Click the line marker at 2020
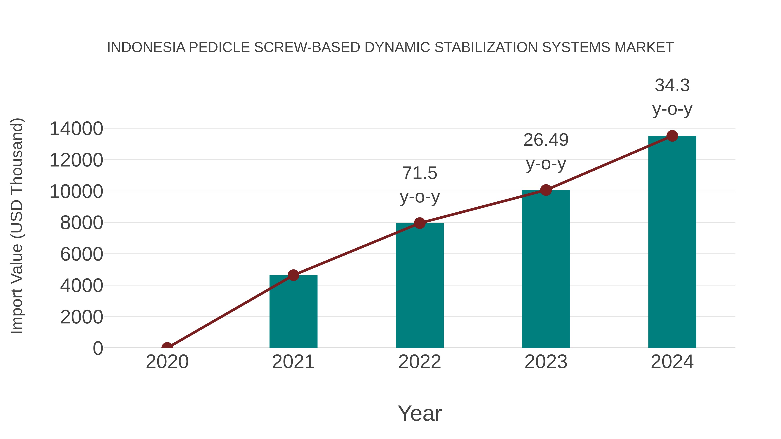[x=167, y=347]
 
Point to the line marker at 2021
[x=293, y=275]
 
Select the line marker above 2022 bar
[x=420, y=223]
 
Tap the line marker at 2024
[x=672, y=136]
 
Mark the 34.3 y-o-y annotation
[x=672, y=97]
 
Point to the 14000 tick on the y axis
[x=76, y=129]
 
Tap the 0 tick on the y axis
[x=98, y=348]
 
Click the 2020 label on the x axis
[x=167, y=362]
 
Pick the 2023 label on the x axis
[x=546, y=362]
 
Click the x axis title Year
[x=420, y=413]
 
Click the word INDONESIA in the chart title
[x=146, y=47]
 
